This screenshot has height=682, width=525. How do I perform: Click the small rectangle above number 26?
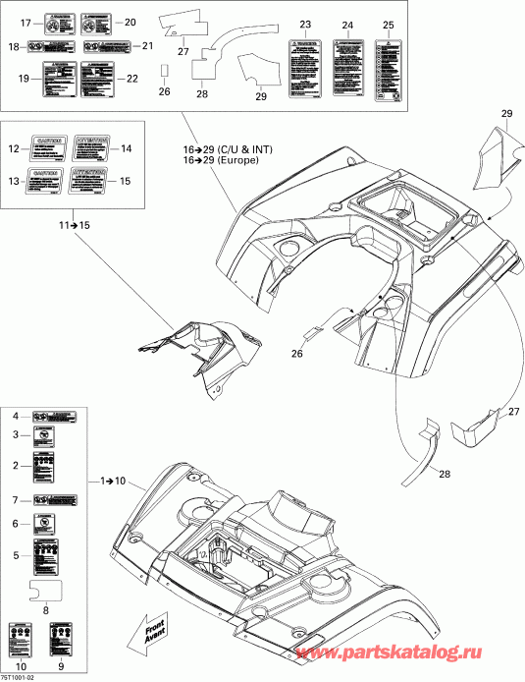click(x=165, y=71)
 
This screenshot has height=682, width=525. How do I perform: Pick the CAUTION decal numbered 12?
click(x=50, y=148)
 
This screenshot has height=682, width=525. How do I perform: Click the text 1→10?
click(x=113, y=482)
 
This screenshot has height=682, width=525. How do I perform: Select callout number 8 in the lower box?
click(x=46, y=609)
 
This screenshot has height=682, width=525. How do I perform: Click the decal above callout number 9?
click(x=59, y=630)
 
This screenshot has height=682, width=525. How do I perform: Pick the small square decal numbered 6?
click(x=45, y=524)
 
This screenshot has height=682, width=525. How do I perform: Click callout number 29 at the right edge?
click(x=506, y=115)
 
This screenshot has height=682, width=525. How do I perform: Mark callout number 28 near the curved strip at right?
click(x=444, y=474)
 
